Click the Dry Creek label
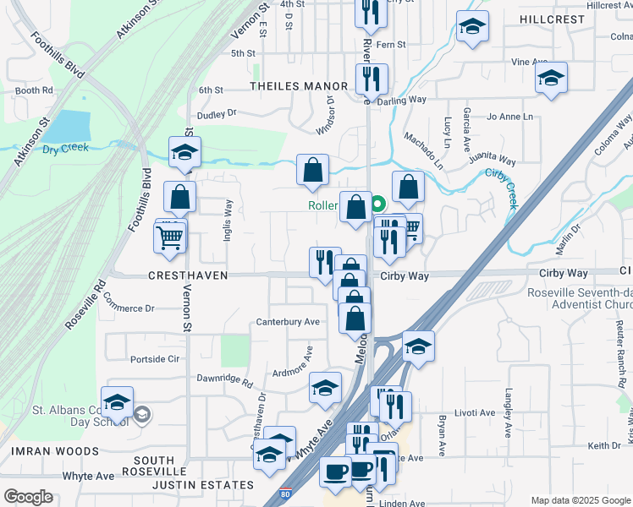click(66, 148)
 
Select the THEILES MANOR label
click(299, 86)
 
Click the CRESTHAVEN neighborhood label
click(188, 275)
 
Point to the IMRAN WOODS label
click(55, 451)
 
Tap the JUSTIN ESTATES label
click(202, 485)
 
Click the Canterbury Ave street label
click(288, 322)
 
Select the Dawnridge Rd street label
click(224, 381)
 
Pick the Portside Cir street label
click(156, 358)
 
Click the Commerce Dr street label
click(128, 308)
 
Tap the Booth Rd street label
click(34, 90)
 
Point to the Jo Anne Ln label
click(510, 117)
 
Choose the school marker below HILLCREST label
click(472, 27)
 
